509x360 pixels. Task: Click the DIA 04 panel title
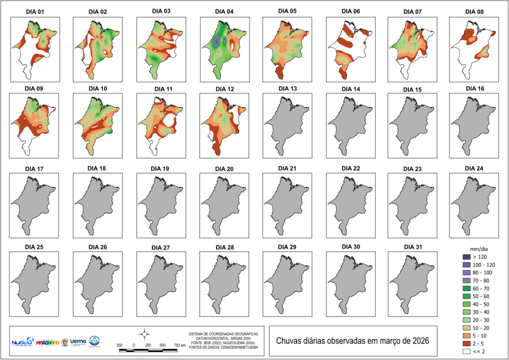[224, 11]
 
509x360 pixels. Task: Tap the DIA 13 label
[287, 89]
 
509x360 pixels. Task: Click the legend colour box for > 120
[466, 257]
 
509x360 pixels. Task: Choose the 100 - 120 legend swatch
[466, 266]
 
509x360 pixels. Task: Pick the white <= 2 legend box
[466, 352]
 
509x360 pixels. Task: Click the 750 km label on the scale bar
[180, 345]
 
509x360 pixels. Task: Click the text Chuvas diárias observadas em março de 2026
[352, 341]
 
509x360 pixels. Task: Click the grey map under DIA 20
[223, 204]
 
